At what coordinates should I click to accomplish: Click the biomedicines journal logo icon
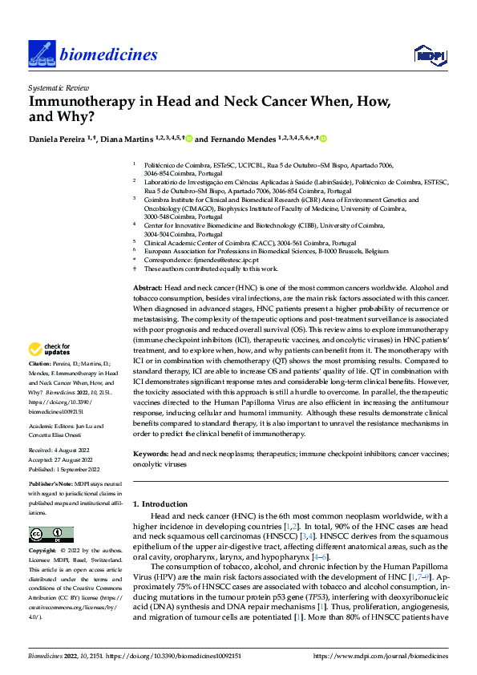(x=40, y=54)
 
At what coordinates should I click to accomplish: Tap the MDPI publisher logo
(x=429, y=55)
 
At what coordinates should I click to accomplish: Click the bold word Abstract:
(x=149, y=286)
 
